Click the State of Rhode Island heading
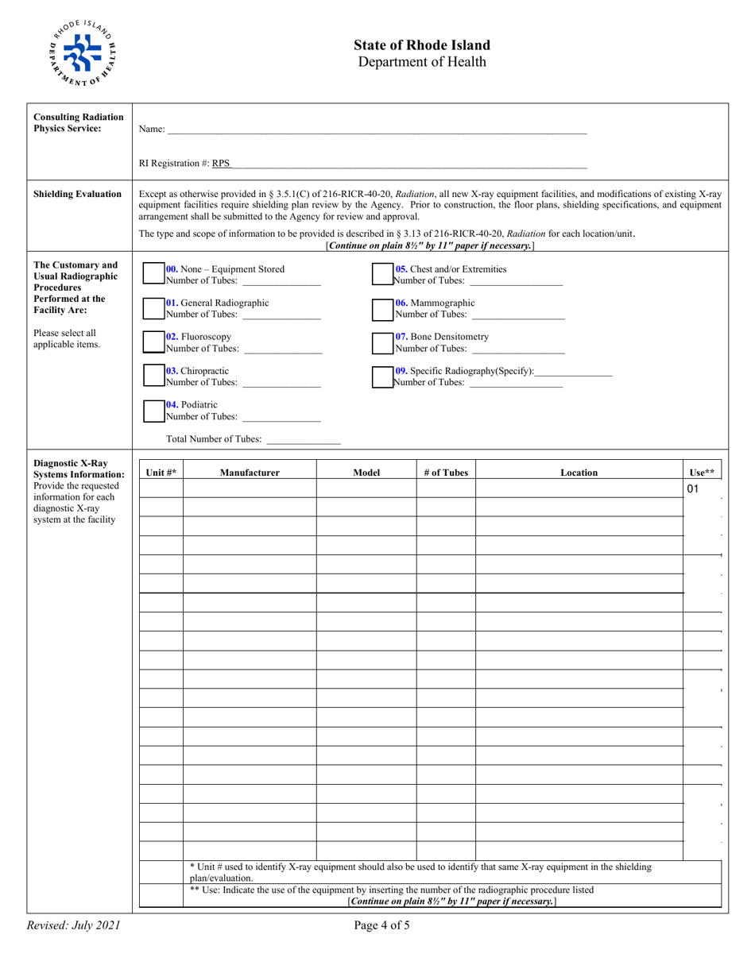coord(422,45)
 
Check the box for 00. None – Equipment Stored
coord(153,274)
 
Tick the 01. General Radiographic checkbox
coord(153,308)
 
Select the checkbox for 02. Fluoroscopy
coord(153,342)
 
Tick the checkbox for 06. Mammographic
coord(383,308)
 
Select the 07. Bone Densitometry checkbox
coord(383,342)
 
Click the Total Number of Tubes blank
coord(304,439)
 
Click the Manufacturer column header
coord(250,473)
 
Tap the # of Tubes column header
coord(446,473)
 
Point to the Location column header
coord(579,473)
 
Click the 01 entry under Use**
coord(693,489)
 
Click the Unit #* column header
coord(161,473)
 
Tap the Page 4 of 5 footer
coord(383,925)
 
